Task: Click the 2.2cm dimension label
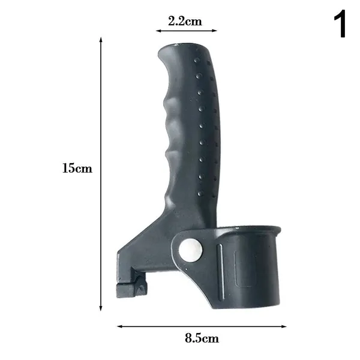coord(185,22)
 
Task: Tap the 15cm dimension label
coord(77,168)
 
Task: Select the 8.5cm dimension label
coord(202,338)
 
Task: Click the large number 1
coord(340,23)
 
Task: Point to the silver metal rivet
coord(191,250)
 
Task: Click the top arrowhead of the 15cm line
coord(101,39)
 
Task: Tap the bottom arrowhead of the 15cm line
coord(101,308)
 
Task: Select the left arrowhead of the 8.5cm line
coord(120,326)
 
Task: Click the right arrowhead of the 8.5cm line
coord(284,326)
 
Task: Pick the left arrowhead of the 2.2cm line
coord(158,31)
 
